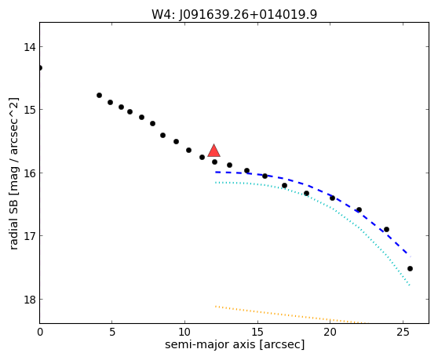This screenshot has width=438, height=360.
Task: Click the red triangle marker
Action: (x=214, y=151)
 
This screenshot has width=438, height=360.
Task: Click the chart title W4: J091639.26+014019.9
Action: (x=235, y=15)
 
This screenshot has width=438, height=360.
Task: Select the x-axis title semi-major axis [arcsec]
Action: (x=235, y=344)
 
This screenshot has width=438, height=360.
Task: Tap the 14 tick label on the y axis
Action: (x=30, y=47)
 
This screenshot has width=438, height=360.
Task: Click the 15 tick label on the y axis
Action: (x=30, y=110)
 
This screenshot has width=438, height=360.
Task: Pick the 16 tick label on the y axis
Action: (x=30, y=173)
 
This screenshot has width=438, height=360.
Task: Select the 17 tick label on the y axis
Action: (x=30, y=236)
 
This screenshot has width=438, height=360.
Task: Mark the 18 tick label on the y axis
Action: (x=30, y=300)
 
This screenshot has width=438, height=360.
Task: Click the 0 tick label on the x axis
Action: (x=40, y=332)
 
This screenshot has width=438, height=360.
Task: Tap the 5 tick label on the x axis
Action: (x=112, y=332)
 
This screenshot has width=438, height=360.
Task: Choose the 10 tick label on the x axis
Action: (x=184, y=332)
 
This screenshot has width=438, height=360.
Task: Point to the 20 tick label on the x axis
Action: (x=330, y=332)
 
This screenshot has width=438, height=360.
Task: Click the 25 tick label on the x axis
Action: (x=403, y=332)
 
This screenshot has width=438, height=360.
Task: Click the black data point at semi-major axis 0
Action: (x=40, y=67)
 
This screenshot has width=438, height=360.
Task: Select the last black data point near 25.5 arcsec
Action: (x=410, y=269)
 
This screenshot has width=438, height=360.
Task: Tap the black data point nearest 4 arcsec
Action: (x=99, y=96)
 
